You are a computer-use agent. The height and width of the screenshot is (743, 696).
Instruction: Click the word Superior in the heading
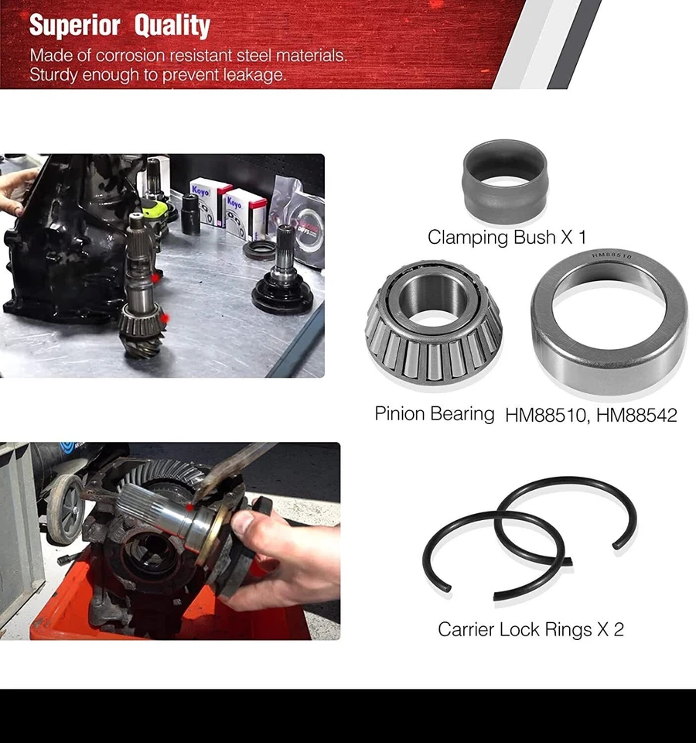pyautogui.click(x=76, y=26)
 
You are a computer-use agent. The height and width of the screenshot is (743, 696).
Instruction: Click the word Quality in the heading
pyautogui.click(x=172, y=26)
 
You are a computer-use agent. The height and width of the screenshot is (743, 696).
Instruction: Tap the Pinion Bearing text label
pyautogui.click(x=434, y=413)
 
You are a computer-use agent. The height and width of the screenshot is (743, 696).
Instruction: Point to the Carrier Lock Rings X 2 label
pyautogui.click(x=531, y=629)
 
